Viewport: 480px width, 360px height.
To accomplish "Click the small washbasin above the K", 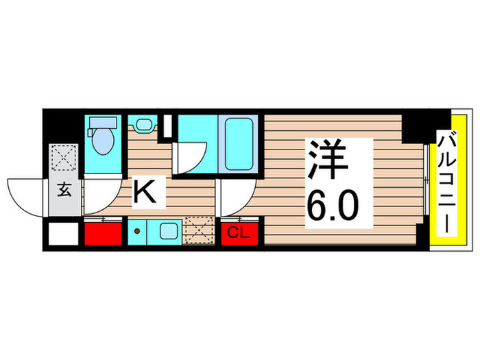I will (x=143, y=126).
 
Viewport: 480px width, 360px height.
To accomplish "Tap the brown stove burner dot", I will (x=137, y=231).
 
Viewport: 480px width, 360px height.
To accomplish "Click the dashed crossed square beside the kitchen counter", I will (x=200, y=230).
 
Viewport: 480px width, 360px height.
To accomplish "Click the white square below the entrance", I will (x=62, y=235).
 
